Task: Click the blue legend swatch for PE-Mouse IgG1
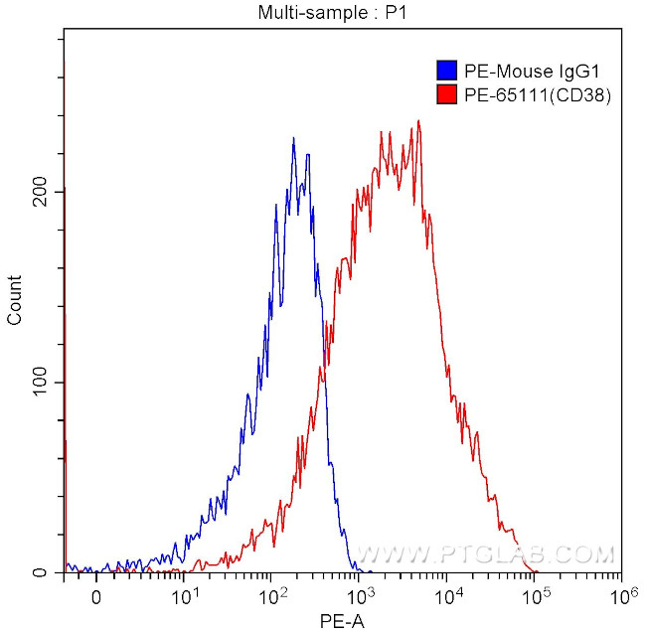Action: [446, 71]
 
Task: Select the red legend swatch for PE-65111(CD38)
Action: [446, 95]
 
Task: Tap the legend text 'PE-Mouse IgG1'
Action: [518, 71]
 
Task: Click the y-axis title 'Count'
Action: [15, 303]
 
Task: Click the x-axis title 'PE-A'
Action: [341, 621]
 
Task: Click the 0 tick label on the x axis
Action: [96, 598]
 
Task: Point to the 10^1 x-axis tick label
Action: [184, 597]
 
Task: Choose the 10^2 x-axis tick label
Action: [271, 597]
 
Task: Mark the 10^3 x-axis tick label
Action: [359, 597]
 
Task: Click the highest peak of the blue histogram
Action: [293, 138]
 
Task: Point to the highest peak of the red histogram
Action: [418, 121]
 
